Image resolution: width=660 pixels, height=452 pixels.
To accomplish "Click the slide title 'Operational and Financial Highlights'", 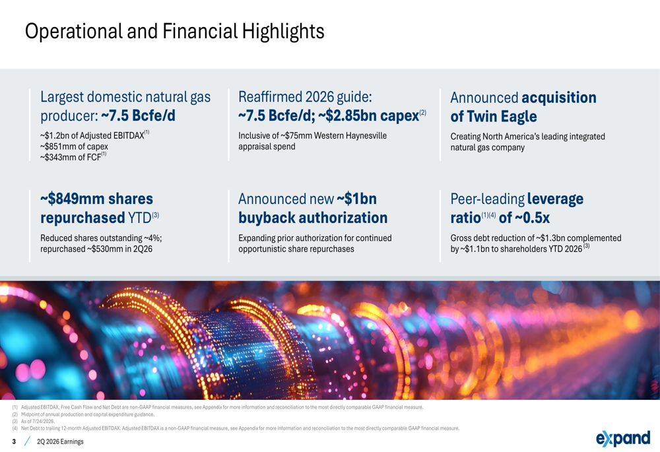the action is tap(175, 31).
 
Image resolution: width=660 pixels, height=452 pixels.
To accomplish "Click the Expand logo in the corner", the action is tap(623, 438).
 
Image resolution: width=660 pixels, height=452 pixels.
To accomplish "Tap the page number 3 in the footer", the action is tap(15, 441).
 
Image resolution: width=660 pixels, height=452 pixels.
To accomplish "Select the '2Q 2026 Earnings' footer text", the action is tap(60, 441).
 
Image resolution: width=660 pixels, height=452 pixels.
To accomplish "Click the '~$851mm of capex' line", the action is tap(74, 146).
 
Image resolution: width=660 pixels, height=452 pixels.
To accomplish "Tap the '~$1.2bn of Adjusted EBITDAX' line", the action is tap(94, 135).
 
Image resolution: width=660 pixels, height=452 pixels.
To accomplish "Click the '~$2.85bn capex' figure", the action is tap(369, 115).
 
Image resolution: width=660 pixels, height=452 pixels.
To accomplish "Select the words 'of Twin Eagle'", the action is tap(493, 117).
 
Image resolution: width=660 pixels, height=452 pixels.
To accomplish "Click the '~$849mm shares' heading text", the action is tap(97, 199).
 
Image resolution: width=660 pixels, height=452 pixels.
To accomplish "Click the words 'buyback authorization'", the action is tap(313, 218).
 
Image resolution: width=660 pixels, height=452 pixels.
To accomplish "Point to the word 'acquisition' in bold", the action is tap(559, 98).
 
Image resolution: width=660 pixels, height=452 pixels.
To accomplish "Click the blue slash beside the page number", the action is tap(27, 441).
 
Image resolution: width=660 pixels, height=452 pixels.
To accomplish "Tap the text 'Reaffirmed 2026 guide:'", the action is tap(305, 97).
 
